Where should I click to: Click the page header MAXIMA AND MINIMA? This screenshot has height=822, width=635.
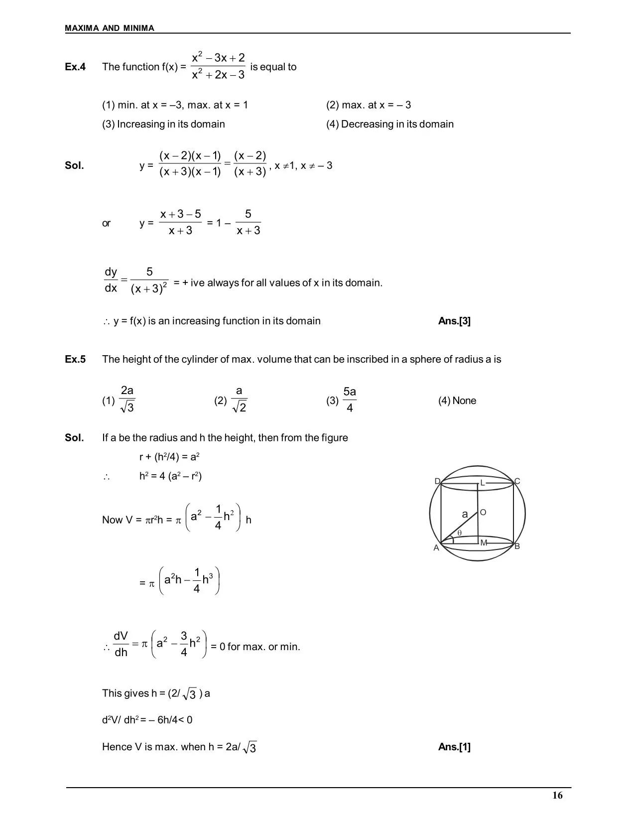pos(110,28)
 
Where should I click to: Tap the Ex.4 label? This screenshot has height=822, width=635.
pos(75,67)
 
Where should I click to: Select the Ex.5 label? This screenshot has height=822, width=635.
pos(75,359)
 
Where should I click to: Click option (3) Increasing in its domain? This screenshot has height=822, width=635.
pos(163,124)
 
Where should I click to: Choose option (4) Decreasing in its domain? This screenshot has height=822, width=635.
pos(390,124)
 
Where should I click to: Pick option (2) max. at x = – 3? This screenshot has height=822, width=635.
pos(369,105)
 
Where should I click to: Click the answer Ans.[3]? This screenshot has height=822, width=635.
pos(454,321)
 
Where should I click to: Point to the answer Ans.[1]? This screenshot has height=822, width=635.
pos(454,747)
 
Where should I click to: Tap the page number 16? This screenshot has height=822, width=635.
pos(557,795)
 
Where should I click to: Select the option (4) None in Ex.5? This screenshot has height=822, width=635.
pos(457,401)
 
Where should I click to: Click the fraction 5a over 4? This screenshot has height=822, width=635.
pos(350,400)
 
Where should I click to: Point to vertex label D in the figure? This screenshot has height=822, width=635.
pos(437,481)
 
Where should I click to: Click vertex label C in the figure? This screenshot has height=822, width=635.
pos(517,481)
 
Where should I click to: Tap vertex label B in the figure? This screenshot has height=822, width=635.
pos(517,546)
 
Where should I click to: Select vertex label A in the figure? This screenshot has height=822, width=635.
pos(436,548)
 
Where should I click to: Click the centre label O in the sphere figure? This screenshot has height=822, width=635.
pos(483,513)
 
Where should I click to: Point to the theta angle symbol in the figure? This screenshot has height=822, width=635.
pos(459,533)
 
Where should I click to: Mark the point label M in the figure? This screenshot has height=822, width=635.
pos(484,543)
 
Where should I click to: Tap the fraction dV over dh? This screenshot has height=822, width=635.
pos(121,644)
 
